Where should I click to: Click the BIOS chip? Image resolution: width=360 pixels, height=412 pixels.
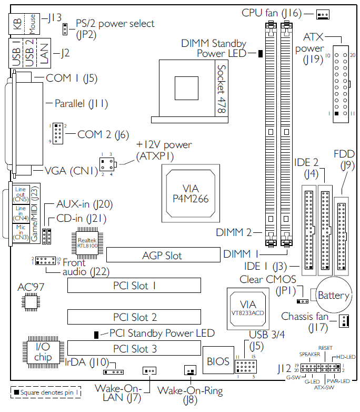[218, 361]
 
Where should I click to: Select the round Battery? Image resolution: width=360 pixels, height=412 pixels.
[333, 295]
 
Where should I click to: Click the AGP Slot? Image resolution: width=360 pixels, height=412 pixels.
[162, 256]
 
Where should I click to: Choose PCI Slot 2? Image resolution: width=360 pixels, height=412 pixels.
[134, 317]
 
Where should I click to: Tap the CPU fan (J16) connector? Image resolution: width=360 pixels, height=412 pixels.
[323, 14]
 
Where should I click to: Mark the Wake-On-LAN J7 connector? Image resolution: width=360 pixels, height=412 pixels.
[149, 371]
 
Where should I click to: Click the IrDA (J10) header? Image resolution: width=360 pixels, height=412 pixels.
[113, 371]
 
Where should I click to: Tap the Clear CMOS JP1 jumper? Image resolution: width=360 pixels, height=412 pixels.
[302, 301]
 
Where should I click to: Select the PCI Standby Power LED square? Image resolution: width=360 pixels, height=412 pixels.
[96, 335]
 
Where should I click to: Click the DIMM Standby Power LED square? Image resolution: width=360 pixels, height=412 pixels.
[260, 54]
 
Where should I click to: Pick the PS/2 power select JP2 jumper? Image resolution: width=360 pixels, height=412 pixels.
[64, 28]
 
